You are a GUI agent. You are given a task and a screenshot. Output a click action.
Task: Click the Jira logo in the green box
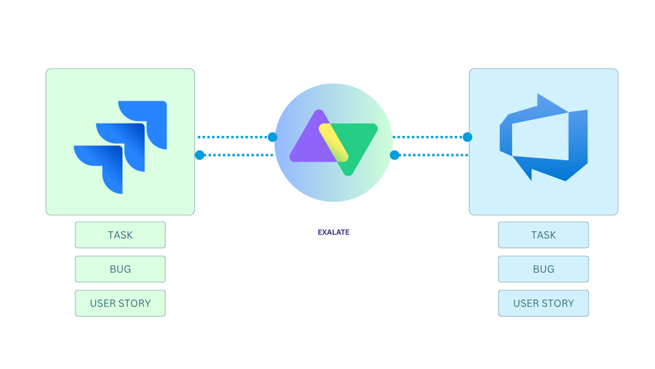tap(121, 146)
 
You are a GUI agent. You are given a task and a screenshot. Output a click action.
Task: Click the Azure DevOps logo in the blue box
tap(544, 137)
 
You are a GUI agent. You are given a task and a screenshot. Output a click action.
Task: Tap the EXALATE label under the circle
tap(333, 232)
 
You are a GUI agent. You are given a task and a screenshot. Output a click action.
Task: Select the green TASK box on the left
tap(120, 235)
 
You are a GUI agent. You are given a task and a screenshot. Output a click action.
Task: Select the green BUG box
tap(120, 269)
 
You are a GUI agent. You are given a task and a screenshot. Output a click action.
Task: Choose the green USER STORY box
tap(120, 303)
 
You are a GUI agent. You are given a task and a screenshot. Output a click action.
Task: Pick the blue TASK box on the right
tap(544, 235)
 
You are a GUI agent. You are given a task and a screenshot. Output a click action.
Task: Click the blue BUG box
tap(544, 269)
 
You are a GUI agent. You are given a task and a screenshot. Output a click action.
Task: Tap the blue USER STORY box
tap(544, 303)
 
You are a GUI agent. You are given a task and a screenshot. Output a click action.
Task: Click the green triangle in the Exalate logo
tap(357, 138)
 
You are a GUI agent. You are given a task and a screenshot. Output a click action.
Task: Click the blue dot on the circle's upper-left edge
tap(273, 137)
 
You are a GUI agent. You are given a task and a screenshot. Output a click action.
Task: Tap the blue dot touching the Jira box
tap(199, 156)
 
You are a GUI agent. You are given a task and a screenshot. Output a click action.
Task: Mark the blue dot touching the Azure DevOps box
tap(467, 137)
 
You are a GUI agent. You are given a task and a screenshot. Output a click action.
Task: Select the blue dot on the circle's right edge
tap(394, 156)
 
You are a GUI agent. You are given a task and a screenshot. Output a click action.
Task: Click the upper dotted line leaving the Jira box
tap(233, 137)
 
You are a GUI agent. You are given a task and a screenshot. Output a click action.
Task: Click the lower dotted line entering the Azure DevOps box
tap(433, 156)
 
